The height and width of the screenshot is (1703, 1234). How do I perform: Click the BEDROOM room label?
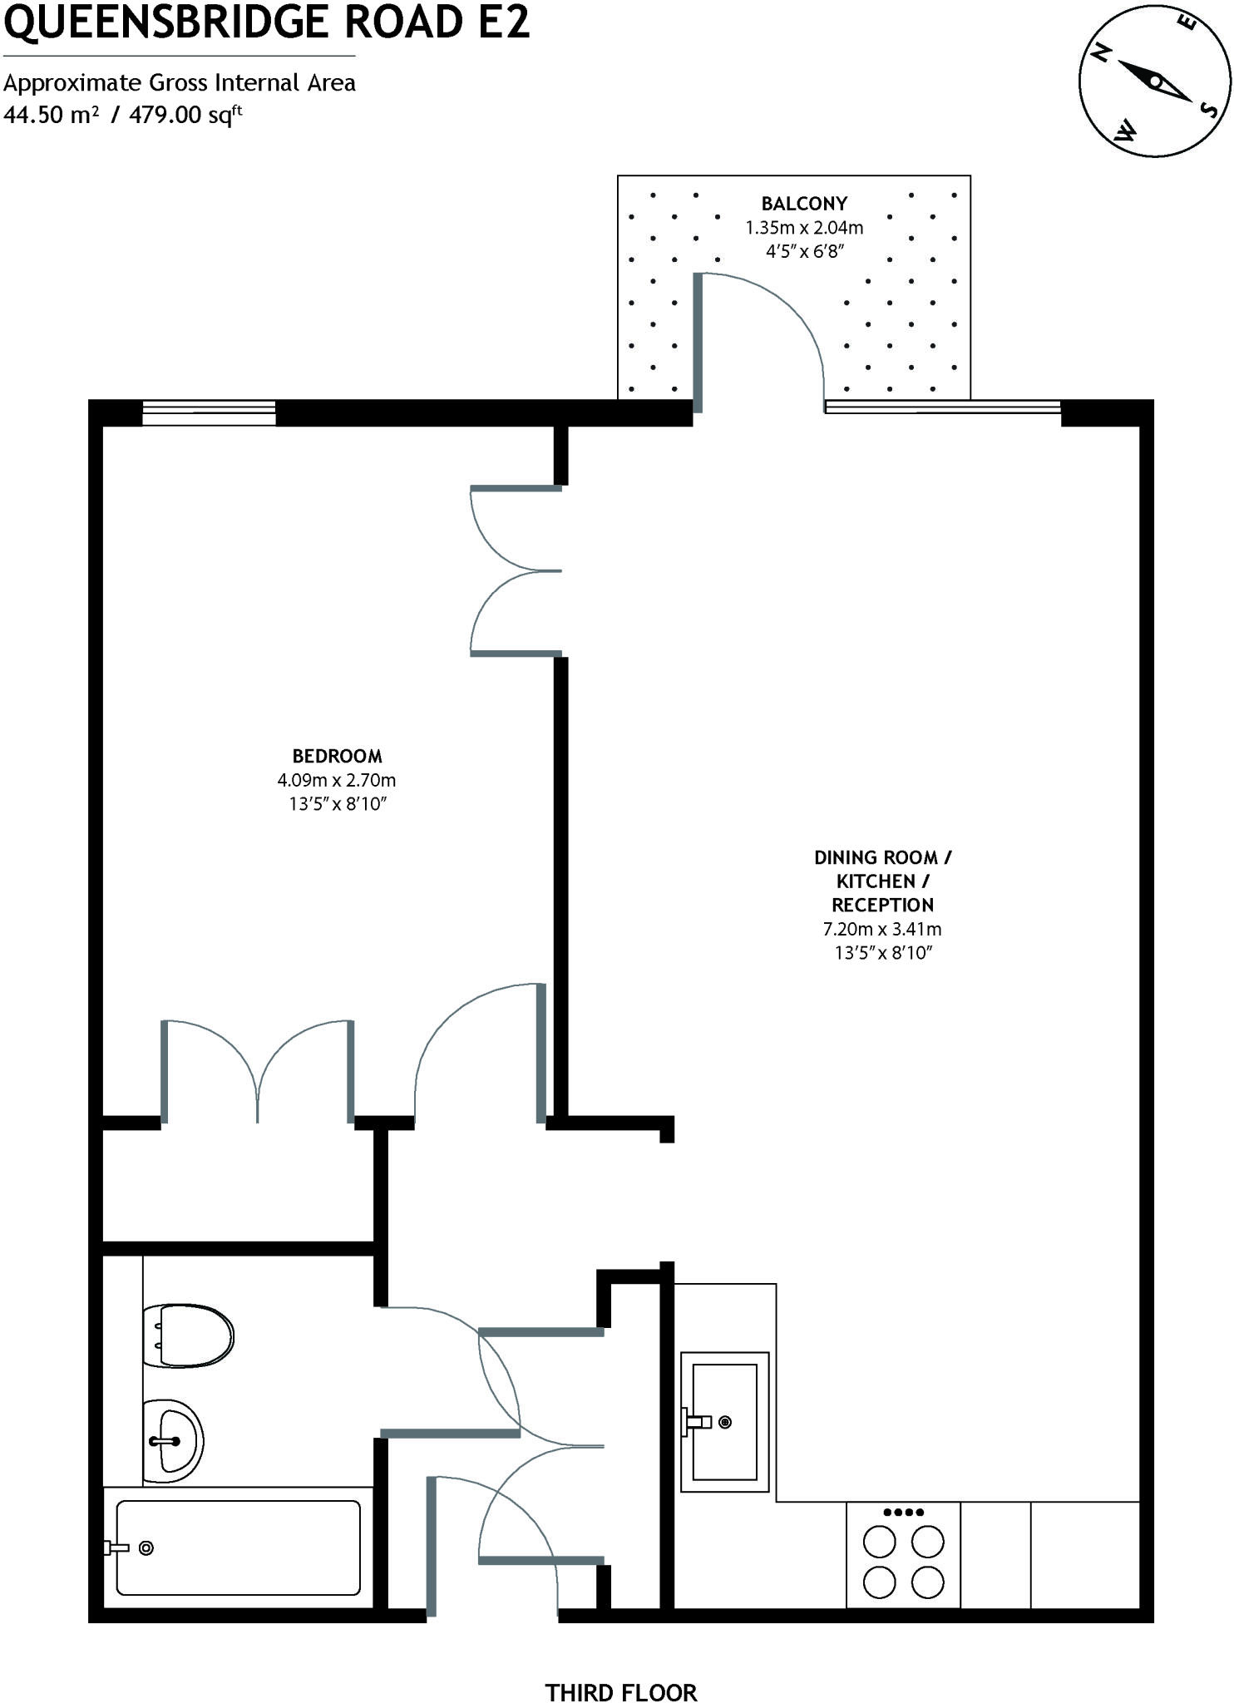click(x=337, y=756)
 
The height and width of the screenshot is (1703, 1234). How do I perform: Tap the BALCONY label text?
click(x=804, y=204)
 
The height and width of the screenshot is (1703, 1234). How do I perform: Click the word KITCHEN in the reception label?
click(x=876, y=881)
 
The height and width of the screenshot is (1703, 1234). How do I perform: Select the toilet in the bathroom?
click(x=188, y=1336)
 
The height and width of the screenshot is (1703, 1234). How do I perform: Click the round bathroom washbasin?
click(x=173, y=1441)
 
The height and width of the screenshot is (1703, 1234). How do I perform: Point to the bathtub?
click(x=238, y=1548)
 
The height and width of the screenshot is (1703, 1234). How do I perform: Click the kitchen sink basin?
click(x=724, y=1422)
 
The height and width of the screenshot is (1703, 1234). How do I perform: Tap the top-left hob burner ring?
click(x=879, y=1543)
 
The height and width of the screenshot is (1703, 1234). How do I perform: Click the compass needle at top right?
click(x=1154, y=81)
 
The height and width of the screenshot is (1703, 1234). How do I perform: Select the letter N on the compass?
click(x=1103, y=54)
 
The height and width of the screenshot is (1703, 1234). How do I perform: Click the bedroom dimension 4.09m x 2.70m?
click(x=337, y=780)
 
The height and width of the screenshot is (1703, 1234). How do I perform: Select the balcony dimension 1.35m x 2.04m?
click(x=804, y=227)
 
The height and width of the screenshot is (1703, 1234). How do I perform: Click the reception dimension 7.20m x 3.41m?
click(x=882, y=930)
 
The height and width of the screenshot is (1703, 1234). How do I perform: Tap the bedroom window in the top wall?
click(x=209, y=412)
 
